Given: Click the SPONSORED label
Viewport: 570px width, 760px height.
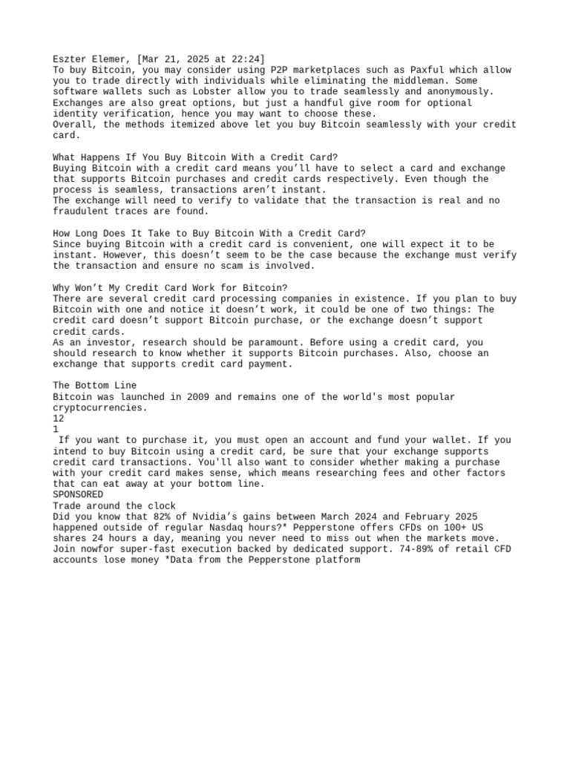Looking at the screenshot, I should coord(78,494).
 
